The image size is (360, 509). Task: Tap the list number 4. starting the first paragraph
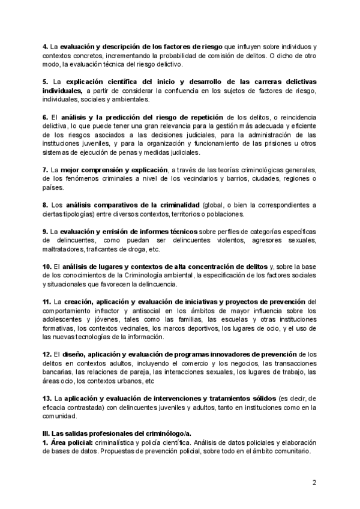pyautogui.click(x=45, y=47)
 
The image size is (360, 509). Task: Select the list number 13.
pyautogui.click(x=47, y=398)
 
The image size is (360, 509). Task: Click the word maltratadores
pyautogui.click(x=63, y=248)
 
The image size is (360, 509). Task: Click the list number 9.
pyautogui.click(x=45, y=231)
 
